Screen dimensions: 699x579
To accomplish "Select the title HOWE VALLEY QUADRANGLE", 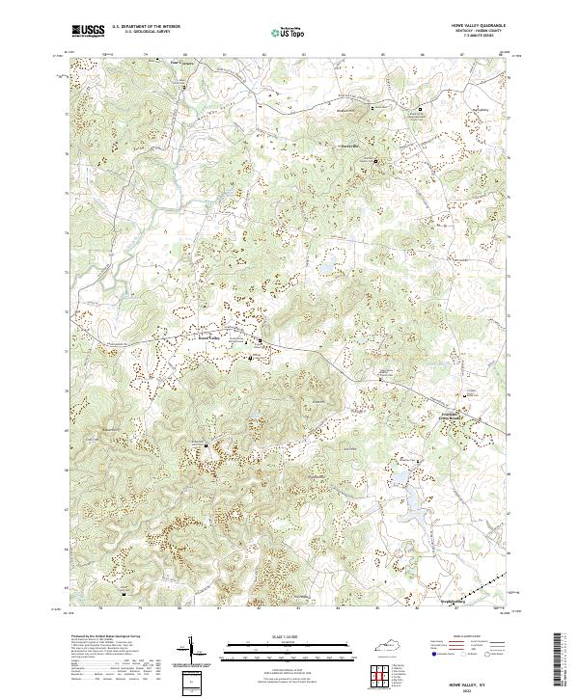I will (477, 27).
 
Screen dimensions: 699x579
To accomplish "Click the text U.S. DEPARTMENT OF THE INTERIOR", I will (146, 27).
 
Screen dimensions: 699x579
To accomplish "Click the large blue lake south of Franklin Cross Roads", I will (417, 497).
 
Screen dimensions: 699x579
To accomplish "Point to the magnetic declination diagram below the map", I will (191, 651).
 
